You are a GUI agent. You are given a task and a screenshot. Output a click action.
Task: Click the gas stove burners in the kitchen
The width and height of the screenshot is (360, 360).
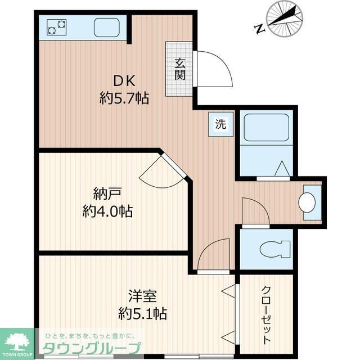click(x=56, y=27)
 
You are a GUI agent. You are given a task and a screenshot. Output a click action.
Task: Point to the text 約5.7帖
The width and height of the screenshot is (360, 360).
click(x=124, y=99)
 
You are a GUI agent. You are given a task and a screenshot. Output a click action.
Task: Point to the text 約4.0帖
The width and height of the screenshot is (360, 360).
click(x=107, y=211)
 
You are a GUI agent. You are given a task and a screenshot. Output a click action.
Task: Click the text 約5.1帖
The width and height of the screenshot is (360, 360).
click(x=142, y=313)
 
